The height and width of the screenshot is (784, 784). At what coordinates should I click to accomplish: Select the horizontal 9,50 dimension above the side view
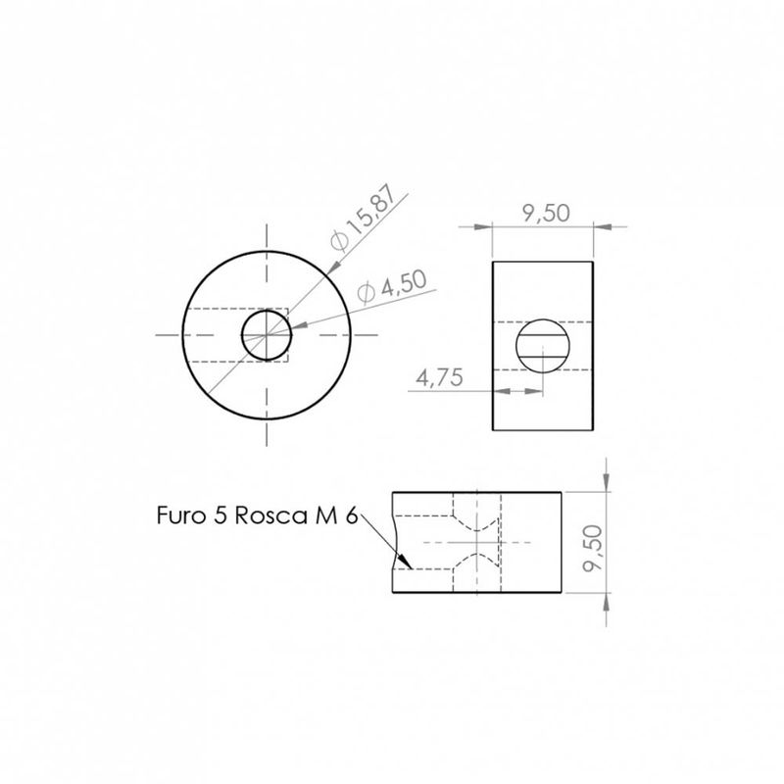click(x=546, y=213)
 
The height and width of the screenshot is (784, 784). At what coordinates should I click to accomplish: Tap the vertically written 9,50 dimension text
click(x=594, y=548)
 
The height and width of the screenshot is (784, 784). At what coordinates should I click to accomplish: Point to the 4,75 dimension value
click(x=439, y=377)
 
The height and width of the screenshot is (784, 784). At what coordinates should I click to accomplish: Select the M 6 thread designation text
click(x=336, y=515)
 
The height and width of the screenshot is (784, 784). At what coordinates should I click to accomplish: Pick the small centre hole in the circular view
click(x=267, y=310)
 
